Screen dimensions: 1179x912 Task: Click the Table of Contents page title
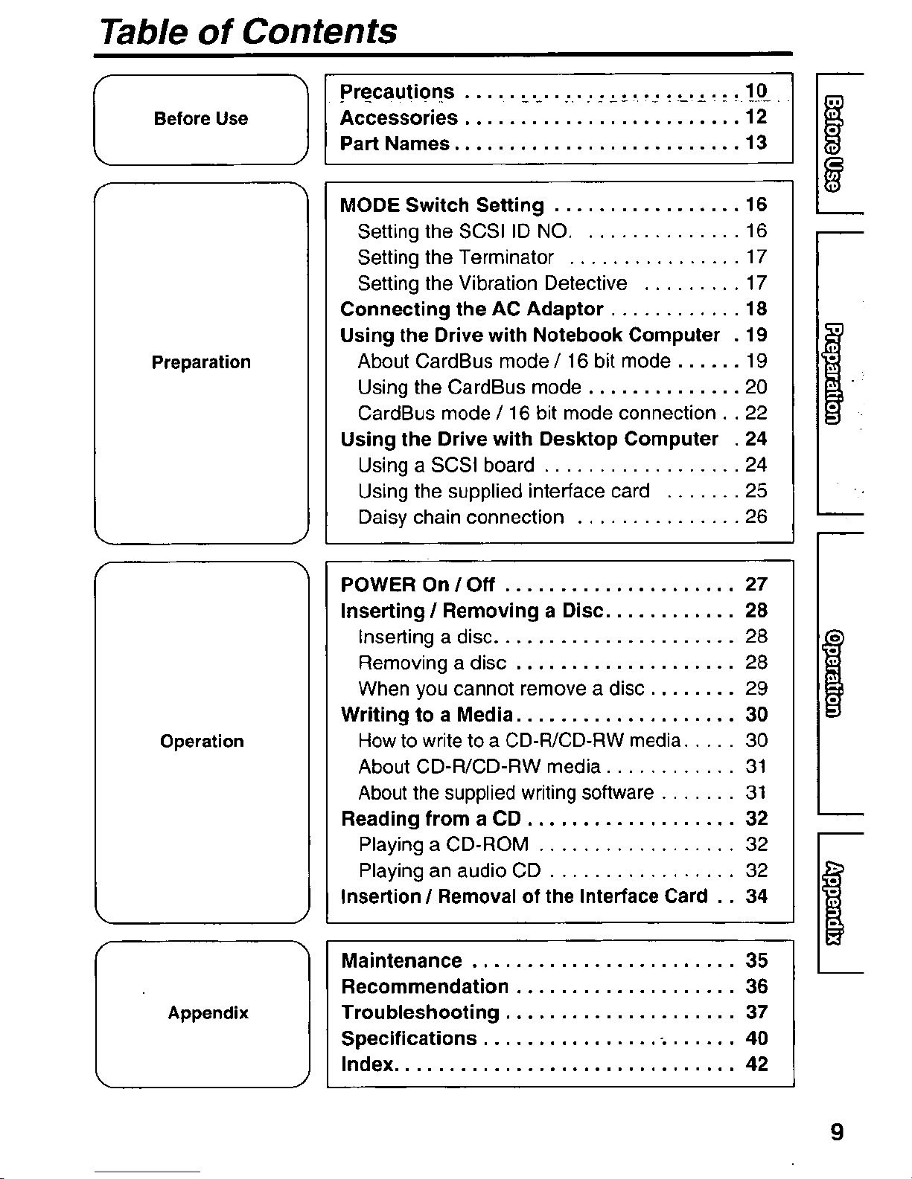tap(249, 31)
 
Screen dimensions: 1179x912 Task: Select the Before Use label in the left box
tap(200, 119)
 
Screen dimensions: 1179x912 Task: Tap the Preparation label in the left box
tap(201, 363)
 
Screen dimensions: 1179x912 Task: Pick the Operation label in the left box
tap(202, 742)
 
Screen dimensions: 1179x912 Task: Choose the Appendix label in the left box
tap(208, 1013)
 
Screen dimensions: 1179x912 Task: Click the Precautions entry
tap(397, 91)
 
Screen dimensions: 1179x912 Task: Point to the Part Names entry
tap(395, 144)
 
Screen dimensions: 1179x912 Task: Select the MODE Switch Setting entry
tap(442, 205)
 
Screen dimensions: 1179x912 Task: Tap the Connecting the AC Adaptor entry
tap(471, 309)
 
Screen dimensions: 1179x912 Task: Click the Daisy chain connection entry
tap(461, 518)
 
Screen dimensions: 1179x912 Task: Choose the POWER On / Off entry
tap(418, 585)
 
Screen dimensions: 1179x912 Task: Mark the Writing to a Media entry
tap(427, 715)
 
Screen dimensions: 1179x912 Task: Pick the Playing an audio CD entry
tap(450, 871)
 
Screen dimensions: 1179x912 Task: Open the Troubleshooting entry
tap(420, 1013)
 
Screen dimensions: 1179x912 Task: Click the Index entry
tap(367, 1065)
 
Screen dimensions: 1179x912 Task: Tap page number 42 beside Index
tap(756, 1065)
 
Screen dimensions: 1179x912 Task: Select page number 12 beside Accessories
tap(756, 118)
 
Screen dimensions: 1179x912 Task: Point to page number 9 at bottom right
tap(837, 1133)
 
